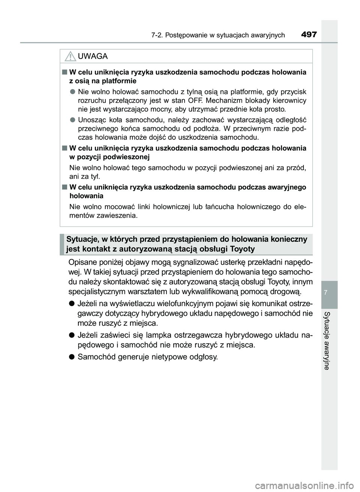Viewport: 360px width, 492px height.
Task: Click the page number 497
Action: pyautogui.click(x=309, y=35)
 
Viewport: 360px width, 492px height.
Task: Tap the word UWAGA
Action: pyautogui.click(x=93, y=56)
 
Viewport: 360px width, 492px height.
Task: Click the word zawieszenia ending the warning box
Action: pyautogui.click(x=117, y=215)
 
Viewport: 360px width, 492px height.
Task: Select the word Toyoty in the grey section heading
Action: pyautogui.click(x=242, y=249)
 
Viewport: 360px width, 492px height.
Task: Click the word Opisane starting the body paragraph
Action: pyautogui.click(x=82, y=262)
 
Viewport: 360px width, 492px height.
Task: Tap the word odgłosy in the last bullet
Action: pyautogui.click(x=202, y=357)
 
